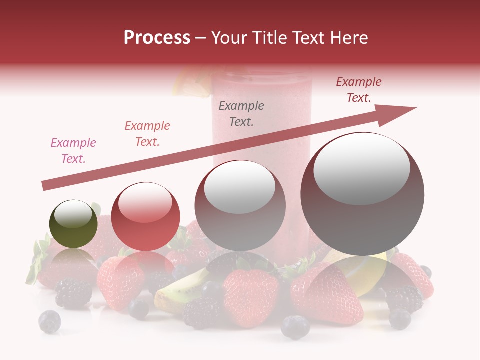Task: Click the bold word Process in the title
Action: (157, 38)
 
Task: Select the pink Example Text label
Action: (73, 151)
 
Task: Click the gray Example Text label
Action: (241, 113)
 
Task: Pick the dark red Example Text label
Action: (359, 90)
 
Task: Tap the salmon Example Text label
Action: (147, 134)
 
